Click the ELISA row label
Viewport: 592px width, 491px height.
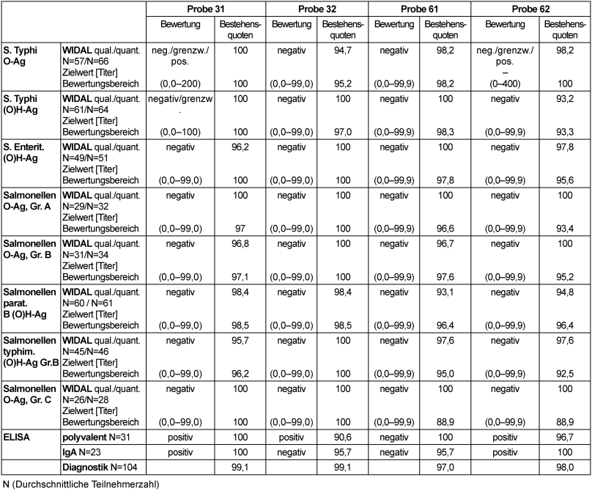pos(15,438)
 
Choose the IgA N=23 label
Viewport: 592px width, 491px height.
pos(85,451)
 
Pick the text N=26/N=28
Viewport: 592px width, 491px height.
pos(90,398)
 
